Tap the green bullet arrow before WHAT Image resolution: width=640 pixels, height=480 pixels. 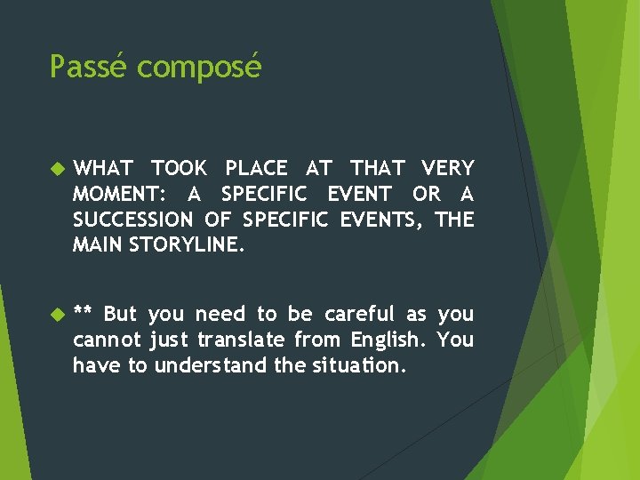pyautogui.click(x=58, y=167)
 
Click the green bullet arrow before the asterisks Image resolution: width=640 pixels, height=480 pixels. pyautogui.click(x=58, y=313)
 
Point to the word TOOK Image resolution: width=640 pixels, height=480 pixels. pyautogui.click(x=179, y=168)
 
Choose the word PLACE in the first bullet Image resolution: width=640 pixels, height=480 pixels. pyautogui.click(x=256, y=168)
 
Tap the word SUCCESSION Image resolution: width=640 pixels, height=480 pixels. pyautogui.click(x=132, y=219)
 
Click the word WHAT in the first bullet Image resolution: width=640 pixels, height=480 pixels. pyautogui.click(x=103, y=168)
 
